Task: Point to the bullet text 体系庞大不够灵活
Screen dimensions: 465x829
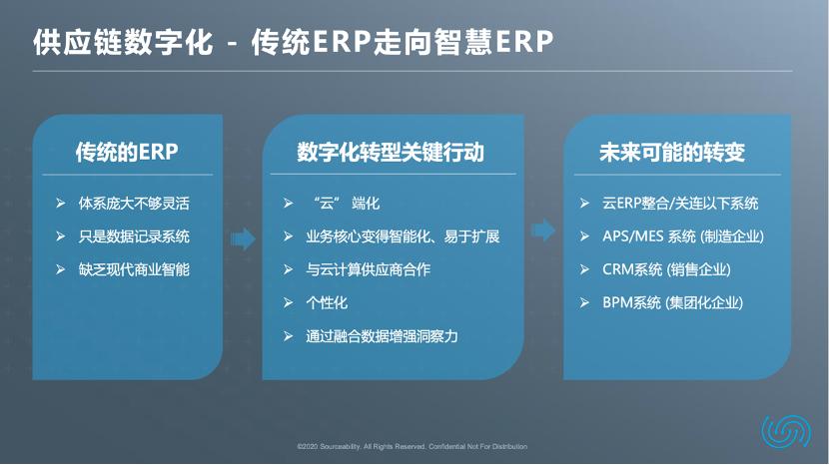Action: (x=133, y=204)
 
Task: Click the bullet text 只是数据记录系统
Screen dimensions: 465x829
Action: (x=133, y=236)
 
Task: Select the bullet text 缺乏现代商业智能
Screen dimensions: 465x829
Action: (x=133, y=269)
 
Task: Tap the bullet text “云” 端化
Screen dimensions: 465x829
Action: (x=344, y=204)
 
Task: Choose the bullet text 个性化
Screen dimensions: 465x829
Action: (x=327, y=302)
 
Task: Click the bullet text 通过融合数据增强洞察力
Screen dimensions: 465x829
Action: (x=383, y=335)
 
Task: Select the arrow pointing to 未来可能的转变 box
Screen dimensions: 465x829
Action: (x=543, y=232)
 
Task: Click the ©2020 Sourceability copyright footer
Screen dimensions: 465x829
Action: (x=413, y=446)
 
